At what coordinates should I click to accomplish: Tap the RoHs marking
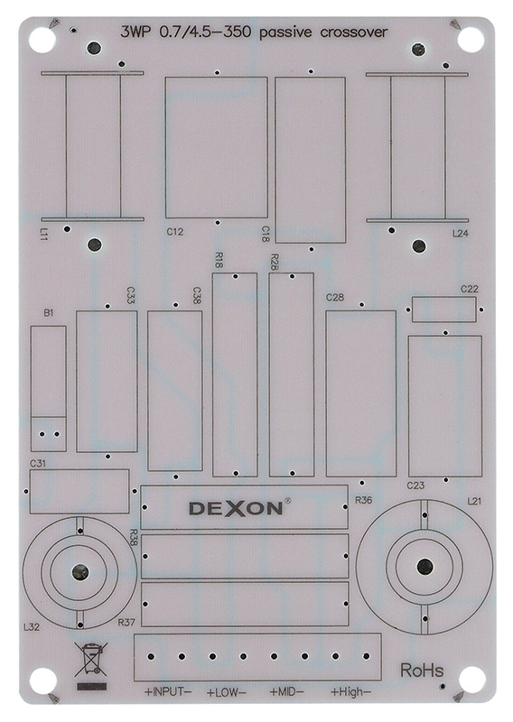point(422,670)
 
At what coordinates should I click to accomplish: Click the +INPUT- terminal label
point(168,691)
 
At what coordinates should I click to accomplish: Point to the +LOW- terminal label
point(226,691)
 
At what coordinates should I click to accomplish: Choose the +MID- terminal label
point(286,691)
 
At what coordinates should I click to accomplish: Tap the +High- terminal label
point(350,691)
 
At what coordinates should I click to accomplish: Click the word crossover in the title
point(353,32)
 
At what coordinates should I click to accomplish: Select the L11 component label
point(43,234)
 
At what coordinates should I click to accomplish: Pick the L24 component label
point(460,234)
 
